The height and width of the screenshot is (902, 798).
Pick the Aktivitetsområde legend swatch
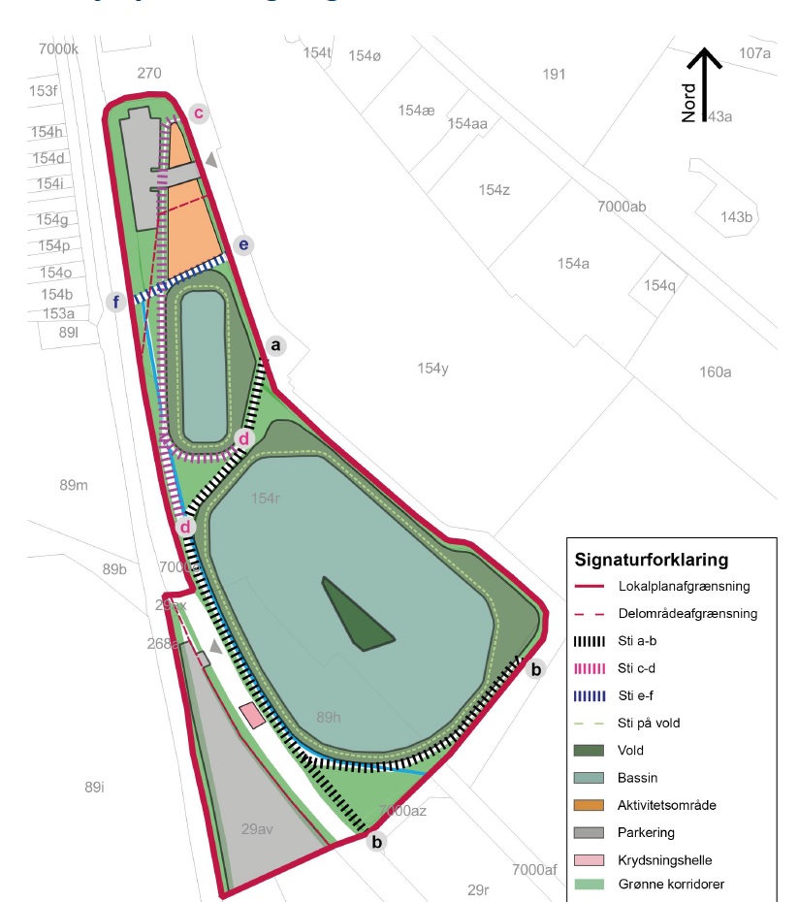pos(590,805)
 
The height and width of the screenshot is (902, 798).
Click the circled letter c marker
pos(198,113)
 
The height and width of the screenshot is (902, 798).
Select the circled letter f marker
pos(116,303)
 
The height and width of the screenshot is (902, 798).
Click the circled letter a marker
pos(276,345)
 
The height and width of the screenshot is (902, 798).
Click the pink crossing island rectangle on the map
pos(252,716)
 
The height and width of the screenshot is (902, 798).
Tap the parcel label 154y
pos(432,369)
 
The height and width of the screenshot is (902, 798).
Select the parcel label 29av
pos(259,829)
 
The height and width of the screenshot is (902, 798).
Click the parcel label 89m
pos(74,484)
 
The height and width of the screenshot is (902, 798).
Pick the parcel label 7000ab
pos(622,207)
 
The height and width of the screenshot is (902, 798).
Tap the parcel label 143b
pos(735,216)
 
